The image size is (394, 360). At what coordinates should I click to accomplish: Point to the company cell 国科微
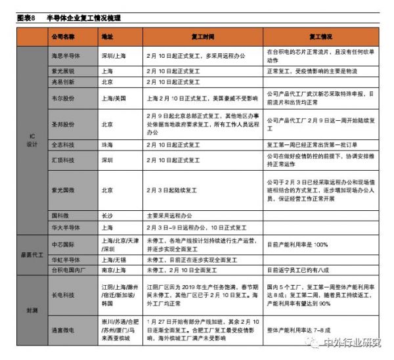60,215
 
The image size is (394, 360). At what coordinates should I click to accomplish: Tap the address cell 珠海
108,144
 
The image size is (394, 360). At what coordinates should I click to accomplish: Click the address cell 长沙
108,215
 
